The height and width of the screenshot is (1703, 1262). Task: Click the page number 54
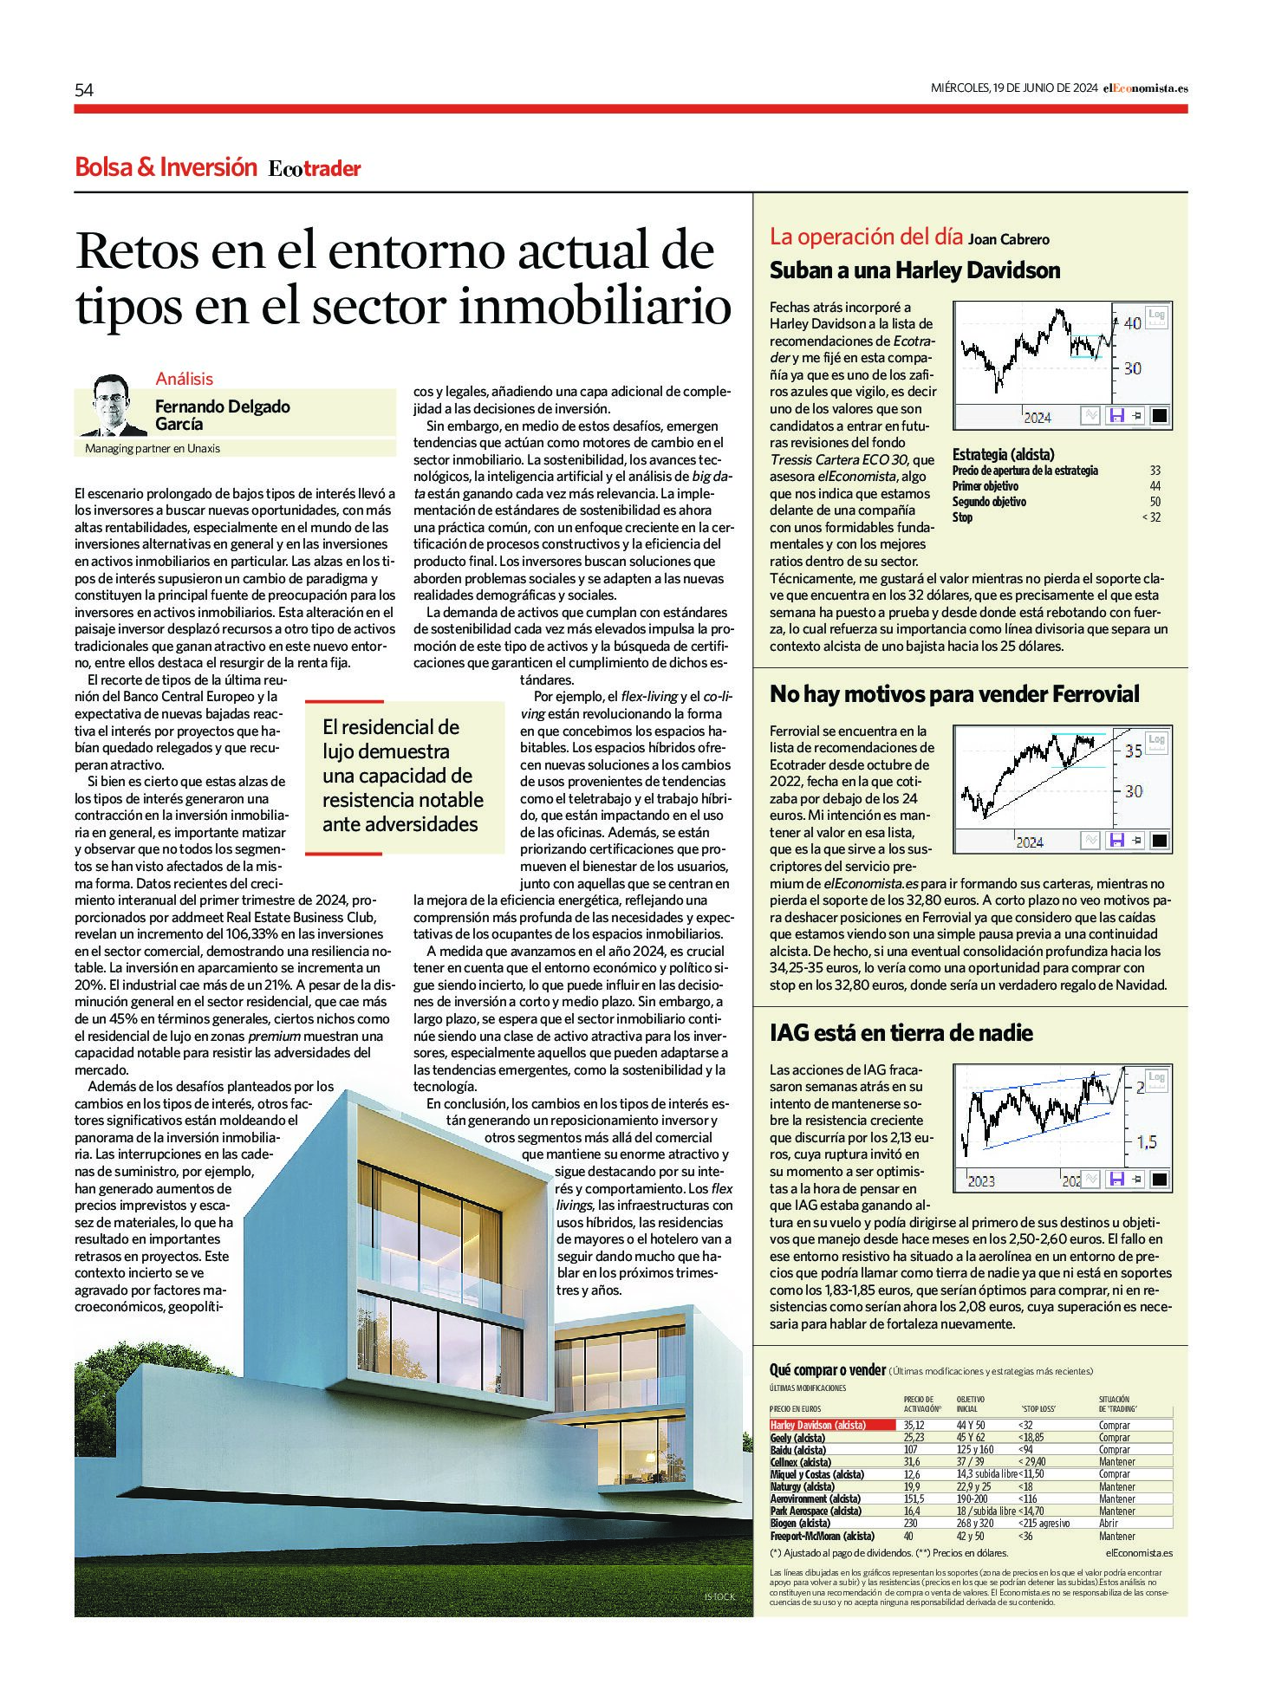coord(84,90)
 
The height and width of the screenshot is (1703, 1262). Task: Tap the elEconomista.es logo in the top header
coord(1144,88)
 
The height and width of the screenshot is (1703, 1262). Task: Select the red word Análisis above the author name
coord(184,379)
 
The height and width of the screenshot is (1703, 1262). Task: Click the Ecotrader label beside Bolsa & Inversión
coord(314,169)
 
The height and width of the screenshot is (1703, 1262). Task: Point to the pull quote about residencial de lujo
coord(402,776)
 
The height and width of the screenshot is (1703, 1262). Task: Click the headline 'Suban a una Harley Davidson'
coord(914,271)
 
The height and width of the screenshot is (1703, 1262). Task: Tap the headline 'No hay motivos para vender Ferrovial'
coord(954,694)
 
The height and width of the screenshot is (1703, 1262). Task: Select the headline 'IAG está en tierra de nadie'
coord(901,1033)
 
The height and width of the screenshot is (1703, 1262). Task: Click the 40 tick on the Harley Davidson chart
coord(1132,323)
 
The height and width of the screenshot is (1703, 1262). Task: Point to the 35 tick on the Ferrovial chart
coord(1133,751)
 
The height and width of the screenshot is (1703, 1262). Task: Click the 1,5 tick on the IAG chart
coord(1146,1143)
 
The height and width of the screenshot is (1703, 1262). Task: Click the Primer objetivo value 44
coord(1155,486)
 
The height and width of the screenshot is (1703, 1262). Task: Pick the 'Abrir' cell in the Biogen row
coord(1109,1523)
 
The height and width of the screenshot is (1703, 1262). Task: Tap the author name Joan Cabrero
coord(1008,239)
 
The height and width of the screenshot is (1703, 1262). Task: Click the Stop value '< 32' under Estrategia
coord(1151,517)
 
